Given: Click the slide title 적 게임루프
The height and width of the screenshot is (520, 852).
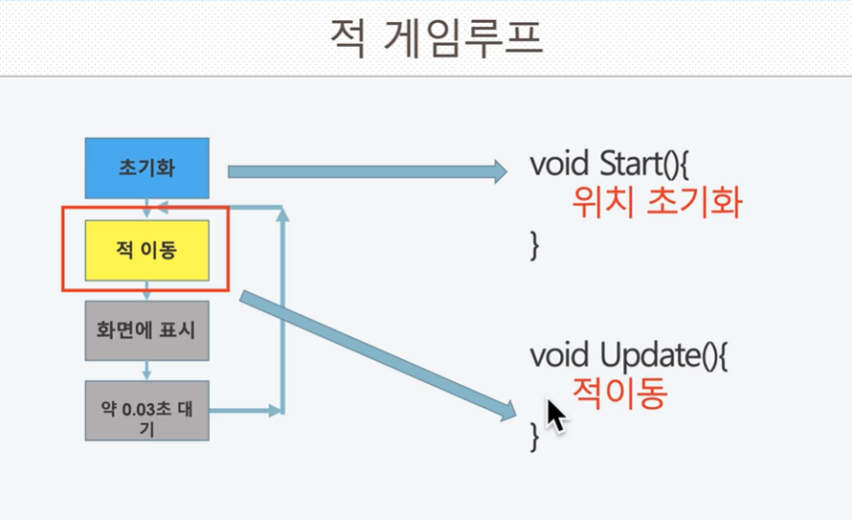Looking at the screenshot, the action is point(437,39).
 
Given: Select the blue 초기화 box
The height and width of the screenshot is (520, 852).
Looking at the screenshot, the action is point(146,168).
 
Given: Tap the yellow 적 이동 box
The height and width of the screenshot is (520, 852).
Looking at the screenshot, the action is point(146,251).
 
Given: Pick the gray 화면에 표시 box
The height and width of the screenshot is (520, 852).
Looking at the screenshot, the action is point(146,330).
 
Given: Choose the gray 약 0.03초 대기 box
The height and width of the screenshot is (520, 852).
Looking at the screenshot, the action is point(146,411).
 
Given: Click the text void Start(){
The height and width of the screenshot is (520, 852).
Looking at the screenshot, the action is point(610,164).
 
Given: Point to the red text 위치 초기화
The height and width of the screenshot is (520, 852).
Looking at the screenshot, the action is point(657,202).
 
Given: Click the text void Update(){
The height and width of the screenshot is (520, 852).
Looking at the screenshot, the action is point(629,356).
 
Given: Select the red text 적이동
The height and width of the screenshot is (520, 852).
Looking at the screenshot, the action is point(619,394).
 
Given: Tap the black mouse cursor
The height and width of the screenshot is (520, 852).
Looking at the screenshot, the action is point(556,417).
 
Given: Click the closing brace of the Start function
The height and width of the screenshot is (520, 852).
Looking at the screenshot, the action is point(535,245).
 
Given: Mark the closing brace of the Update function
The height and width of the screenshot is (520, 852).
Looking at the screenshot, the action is point(535,437).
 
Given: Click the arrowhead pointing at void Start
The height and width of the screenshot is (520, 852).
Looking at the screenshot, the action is point(501,171).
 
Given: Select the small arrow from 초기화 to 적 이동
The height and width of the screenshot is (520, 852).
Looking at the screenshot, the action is point(146,208).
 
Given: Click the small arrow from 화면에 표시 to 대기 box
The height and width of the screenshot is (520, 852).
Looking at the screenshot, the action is point(146,371).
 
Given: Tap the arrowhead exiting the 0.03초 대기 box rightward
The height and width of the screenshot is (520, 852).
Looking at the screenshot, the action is point(275,411).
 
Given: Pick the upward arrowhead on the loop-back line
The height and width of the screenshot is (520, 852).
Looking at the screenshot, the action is point(282,215).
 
